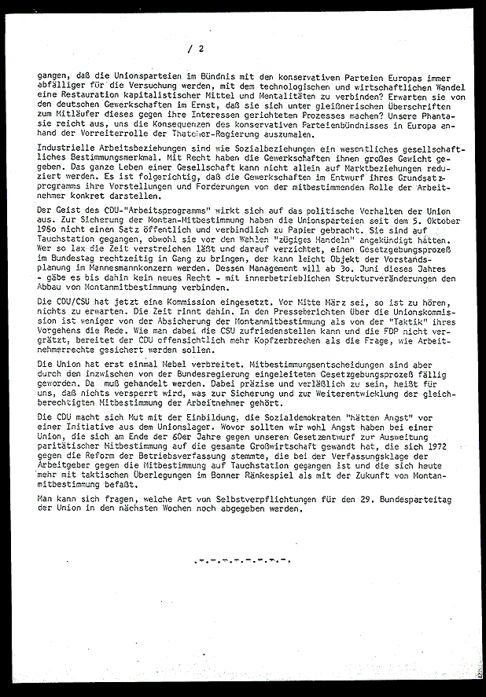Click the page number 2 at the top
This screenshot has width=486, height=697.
(201, 49)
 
